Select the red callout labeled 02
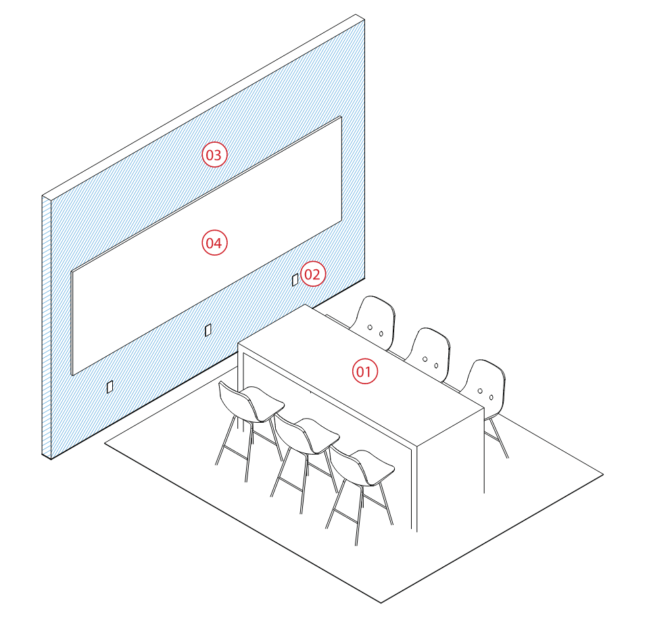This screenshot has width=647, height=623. [313, 274]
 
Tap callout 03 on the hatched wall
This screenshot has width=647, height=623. [214, 156]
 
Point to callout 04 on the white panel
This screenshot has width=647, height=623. [214, 243]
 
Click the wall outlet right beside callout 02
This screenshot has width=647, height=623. [295, 279]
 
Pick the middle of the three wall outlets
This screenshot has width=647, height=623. [208, 329]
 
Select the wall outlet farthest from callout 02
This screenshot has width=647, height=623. [110, 386]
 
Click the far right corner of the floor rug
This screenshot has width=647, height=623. [602, 474]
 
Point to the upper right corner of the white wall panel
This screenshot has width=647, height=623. [341, 118]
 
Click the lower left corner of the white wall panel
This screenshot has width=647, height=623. [72, 373]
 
